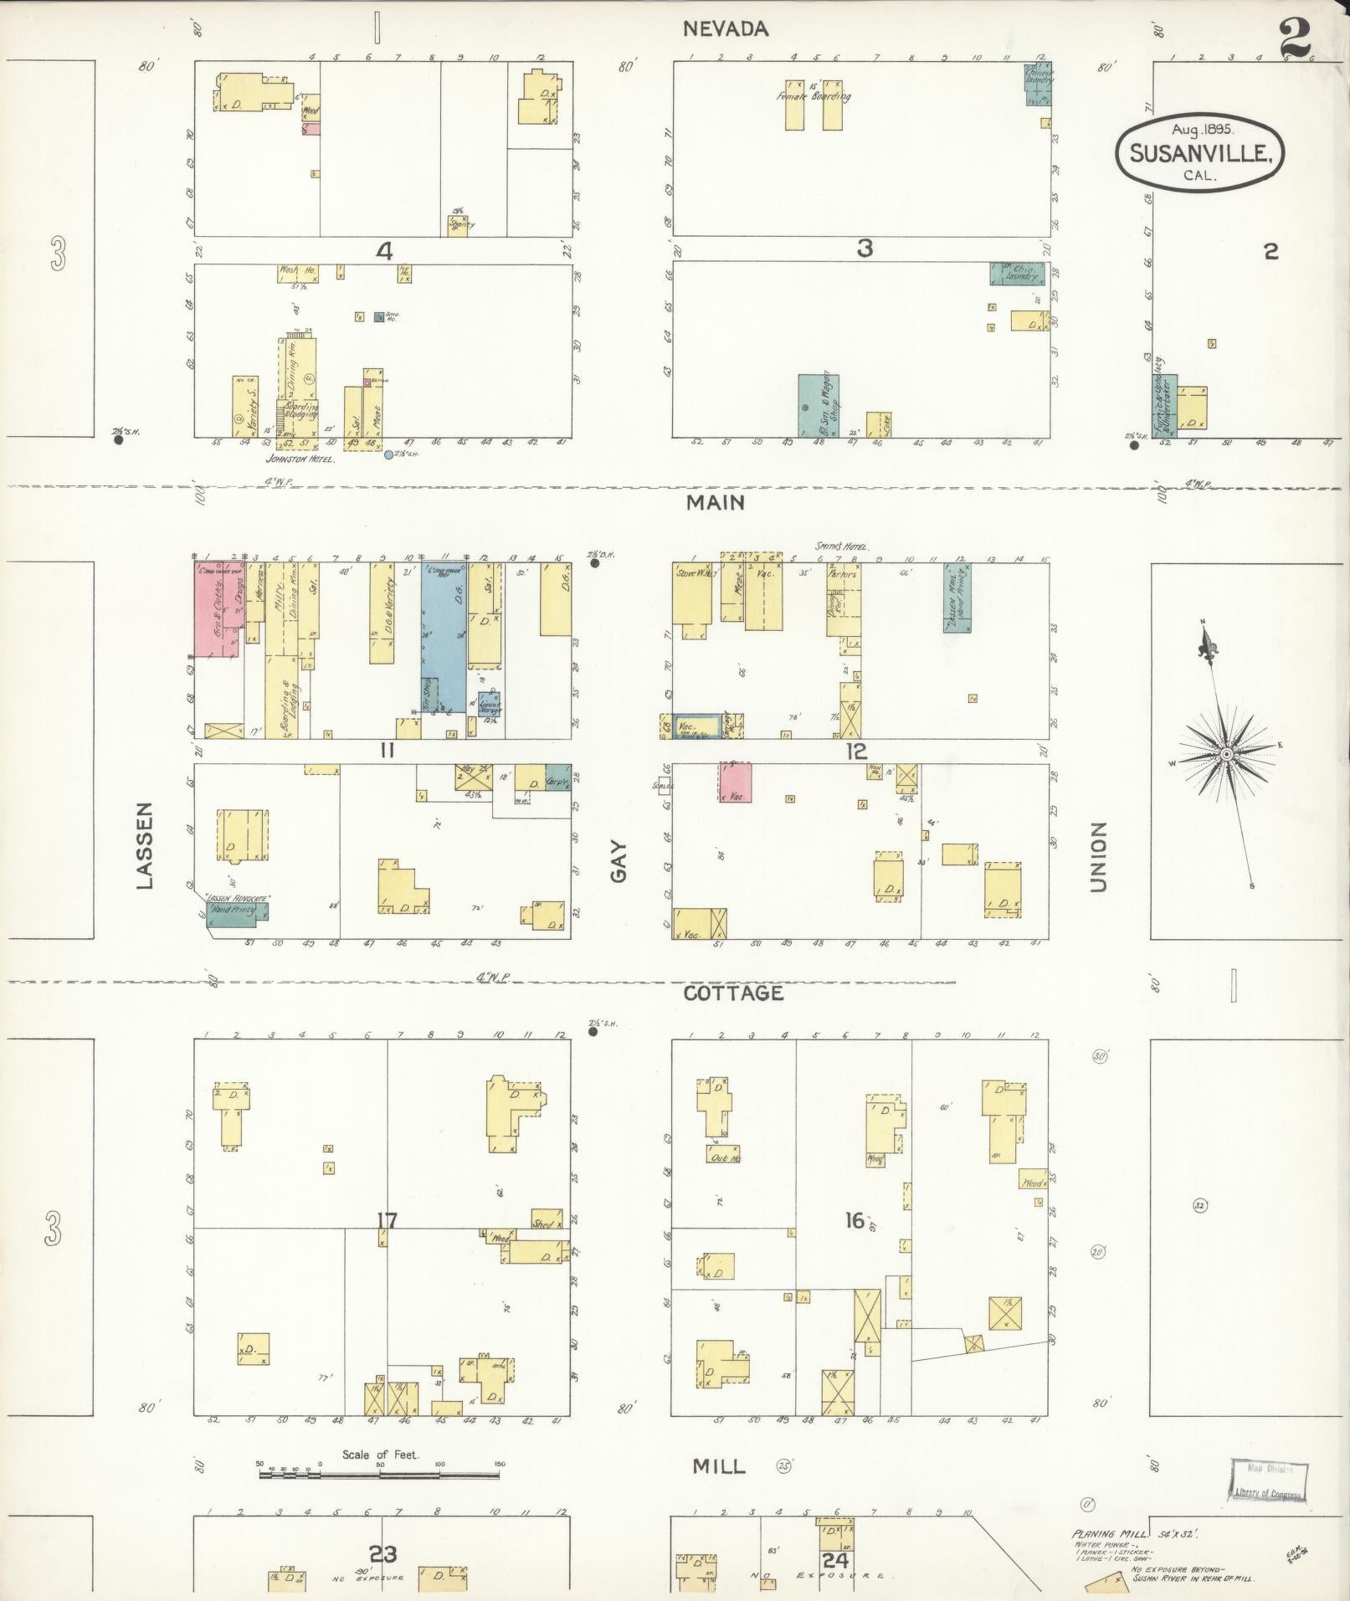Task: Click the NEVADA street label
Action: [725, 29]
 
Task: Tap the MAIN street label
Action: [715, 502]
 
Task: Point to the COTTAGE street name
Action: [733, 993]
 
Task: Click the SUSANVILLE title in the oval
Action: [1199, 153]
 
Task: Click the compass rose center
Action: [1225, 754]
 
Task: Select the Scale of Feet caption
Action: [380, 1455]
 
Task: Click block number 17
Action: [386, 1220]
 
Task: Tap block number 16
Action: [854, 1220]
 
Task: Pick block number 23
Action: [383, 1554]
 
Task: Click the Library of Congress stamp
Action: [1268, 1482]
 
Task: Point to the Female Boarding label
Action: [813, 96]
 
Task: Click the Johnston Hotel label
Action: [300, 459]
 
